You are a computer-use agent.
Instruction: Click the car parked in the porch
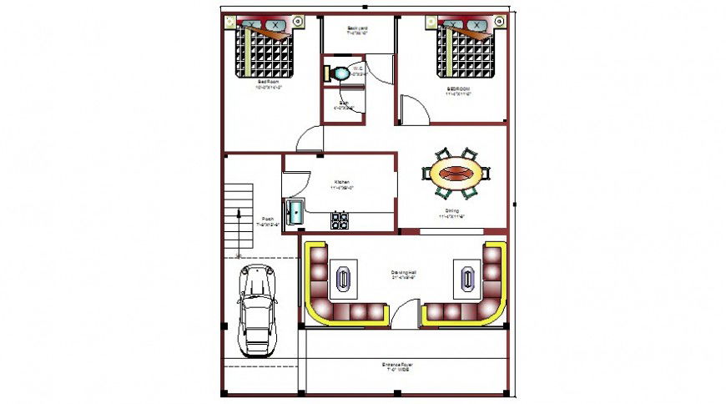[x=257, y=311]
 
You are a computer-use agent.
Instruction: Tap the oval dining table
[x=456, y=174]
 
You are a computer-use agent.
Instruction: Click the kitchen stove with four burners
[x=340, y=220]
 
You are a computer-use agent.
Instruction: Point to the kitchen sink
[x=294, y=212]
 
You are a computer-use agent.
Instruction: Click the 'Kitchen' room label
[x=342, y=182]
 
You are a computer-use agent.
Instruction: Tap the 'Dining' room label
[x=451, y=211]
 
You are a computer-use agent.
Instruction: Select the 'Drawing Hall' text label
[x=404, y=273]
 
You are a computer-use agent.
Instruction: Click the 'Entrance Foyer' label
[x=398, y=365]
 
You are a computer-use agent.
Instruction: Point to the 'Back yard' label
[x=358, y=29]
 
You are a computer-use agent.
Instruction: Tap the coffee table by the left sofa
[x=342, y=278]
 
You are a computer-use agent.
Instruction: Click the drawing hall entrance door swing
[x=405, y=314]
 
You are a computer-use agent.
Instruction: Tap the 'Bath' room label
[x=344, y=104]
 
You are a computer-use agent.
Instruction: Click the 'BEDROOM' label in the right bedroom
[x=459, y=88]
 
